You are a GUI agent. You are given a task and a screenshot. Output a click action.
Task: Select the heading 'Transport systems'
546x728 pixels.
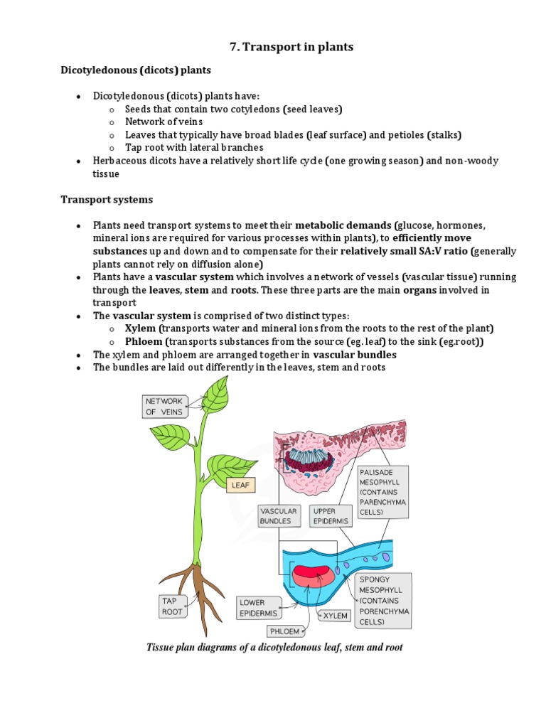click(x=106, y=200)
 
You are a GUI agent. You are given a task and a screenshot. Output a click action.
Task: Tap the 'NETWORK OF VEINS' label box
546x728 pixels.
click(x=164, y=406)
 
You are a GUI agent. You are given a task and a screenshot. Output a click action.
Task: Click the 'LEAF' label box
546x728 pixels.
click(x=239, y=486)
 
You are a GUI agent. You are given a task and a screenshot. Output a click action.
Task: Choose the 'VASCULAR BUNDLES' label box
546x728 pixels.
click(x=279, y=515)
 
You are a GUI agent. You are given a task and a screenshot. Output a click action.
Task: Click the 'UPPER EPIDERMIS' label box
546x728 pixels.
click(x=331, y=515)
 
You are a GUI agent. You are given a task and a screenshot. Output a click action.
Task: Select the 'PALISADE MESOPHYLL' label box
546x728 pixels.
click(x=382, y=491)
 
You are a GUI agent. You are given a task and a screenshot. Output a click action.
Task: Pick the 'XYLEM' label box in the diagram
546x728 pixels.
click(x=335, y=616)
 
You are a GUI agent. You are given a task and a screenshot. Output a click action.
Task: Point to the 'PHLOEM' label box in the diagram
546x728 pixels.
click(x=285, y=631)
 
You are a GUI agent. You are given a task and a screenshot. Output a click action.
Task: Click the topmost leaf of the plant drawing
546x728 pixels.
click(x=216, y=394)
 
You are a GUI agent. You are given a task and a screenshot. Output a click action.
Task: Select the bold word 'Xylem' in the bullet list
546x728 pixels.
click(x=139, y=328)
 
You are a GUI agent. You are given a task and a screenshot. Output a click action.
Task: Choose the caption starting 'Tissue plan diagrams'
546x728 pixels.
click(x=274, y=648)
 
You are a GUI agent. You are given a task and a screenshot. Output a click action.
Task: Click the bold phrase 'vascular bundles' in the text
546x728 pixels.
click(x=355, y=354)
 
